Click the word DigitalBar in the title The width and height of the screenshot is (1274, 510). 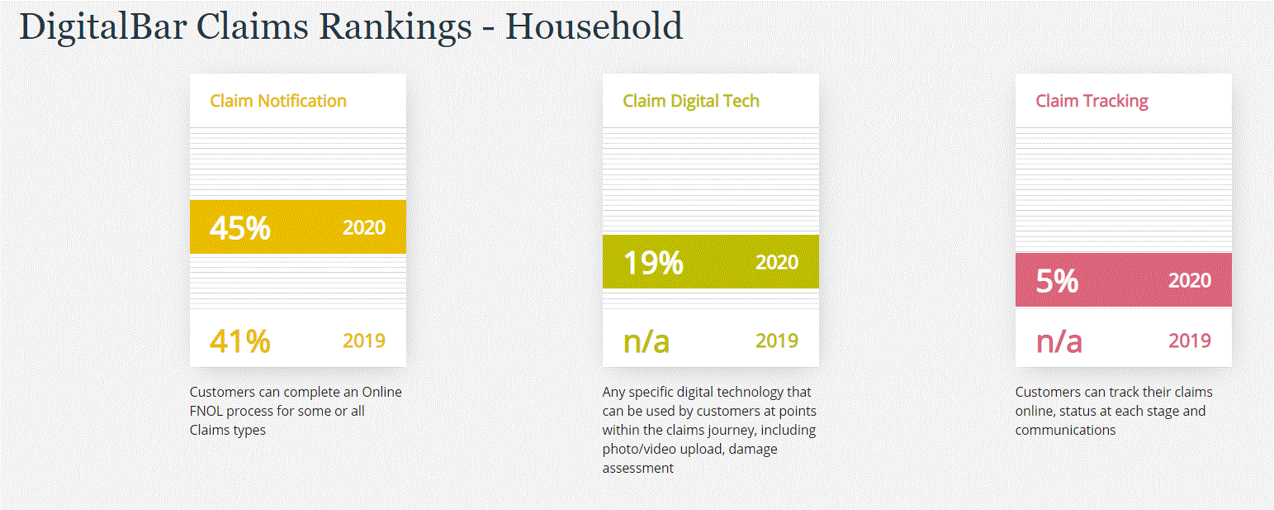[103, 26]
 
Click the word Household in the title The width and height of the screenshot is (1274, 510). [594, 26]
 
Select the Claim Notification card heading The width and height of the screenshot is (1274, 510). [278, 101]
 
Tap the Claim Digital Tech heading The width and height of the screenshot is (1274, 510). [691, 101]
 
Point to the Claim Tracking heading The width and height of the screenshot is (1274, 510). [1092, 101]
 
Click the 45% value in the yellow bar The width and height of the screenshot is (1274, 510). [240, 227]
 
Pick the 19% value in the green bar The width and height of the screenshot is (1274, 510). [653, 262]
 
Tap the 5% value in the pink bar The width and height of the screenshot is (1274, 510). [1058, 280]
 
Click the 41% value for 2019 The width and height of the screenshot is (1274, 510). [240, 341]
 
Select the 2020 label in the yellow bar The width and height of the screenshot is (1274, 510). [364, 227]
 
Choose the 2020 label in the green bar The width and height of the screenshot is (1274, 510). [777, 262]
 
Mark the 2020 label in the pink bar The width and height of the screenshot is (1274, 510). [1190, 280]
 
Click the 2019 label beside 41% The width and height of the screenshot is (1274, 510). [364, 341]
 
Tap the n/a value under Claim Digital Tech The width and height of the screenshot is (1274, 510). [646, 341]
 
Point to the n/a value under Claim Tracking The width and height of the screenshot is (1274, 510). [1059, 341]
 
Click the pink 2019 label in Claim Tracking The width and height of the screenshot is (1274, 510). [1190, 341]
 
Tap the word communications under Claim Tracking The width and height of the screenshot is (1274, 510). [1065, 430]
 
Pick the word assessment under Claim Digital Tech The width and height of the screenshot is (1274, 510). [637, 468]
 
